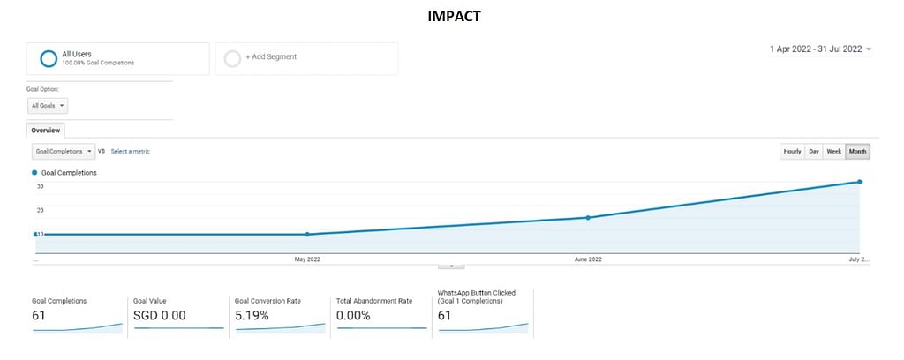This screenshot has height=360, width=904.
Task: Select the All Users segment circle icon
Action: click(x=49, y=58)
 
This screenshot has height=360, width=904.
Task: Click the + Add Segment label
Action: click(x=271, y=57)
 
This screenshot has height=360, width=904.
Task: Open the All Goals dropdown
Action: click(x=49, y=106)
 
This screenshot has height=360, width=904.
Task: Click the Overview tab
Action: click(x=45, y=130)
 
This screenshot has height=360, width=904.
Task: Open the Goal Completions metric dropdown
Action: click(x=63, y=151)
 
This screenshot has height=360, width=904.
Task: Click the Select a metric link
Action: click(x=130, y=152)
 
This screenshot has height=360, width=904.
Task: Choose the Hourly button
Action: click(x=792, y=152)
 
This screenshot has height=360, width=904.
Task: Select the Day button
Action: click(x=814, y=152)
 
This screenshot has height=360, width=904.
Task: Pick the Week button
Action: click(x=834, y=152)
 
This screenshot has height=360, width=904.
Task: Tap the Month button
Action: click(x=857, y=152)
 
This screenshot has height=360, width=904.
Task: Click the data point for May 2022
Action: click(x=307, y=235)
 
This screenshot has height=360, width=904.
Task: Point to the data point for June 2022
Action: click(x=588, y=217)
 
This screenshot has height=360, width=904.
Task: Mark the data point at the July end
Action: click(x=859, y=182)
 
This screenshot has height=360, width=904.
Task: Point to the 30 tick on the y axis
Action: click(x=41, y=186)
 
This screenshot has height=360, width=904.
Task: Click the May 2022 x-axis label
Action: click(x=307, y=259)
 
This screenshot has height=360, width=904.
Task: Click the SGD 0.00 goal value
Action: click(x=159, y=315)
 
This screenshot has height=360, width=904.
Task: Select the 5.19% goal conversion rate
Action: click(x=255, y=315)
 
